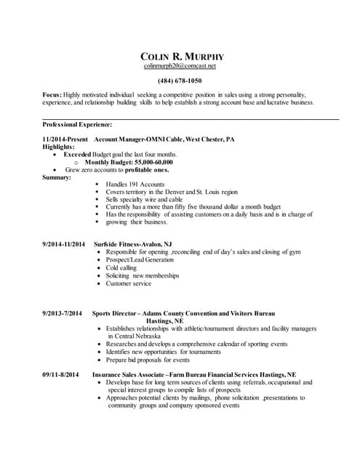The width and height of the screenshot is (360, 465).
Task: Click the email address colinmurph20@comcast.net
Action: click(180, 66)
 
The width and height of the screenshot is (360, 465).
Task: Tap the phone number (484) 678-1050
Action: click(180, 81)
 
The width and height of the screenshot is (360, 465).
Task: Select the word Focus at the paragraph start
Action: click(52, 95)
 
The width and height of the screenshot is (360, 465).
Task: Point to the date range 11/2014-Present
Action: click(65, 139)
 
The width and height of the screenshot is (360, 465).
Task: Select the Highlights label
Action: click(59, 147)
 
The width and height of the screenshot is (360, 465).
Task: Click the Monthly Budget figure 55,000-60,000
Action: click(162, 162)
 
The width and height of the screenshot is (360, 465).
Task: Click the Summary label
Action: click(57, 177)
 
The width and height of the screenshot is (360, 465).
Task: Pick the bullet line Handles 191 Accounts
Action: click(135, 185)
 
